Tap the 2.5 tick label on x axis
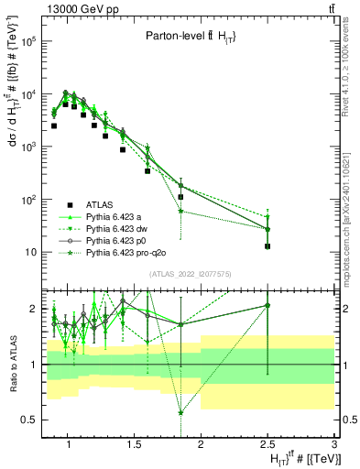(267, 445)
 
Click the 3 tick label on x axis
(335, 445)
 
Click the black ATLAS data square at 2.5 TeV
(267, 245)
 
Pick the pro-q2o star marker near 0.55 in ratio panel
(180, 412)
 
